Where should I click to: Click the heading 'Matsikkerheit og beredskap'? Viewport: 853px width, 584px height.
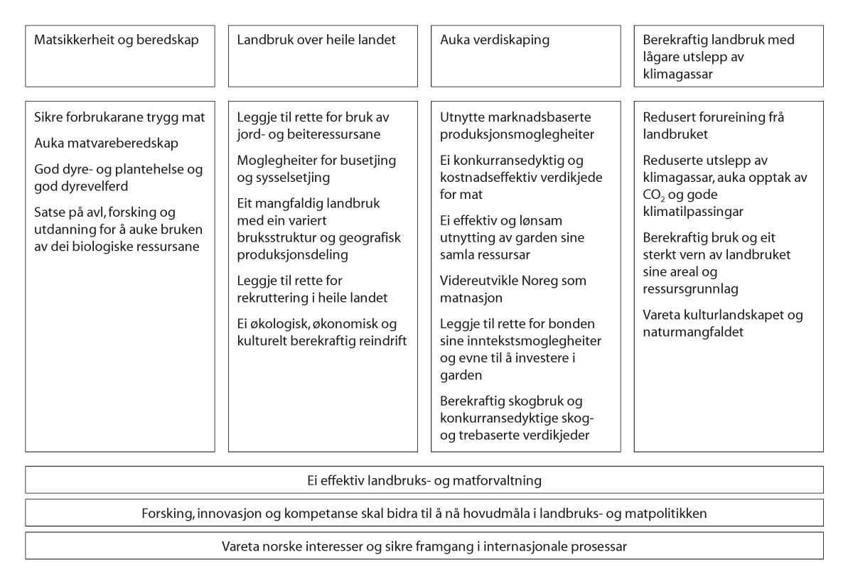116,40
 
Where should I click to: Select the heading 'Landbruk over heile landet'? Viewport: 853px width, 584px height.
316,40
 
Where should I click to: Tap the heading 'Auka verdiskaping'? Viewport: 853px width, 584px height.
495,40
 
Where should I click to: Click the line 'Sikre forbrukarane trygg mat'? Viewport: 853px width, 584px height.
119,117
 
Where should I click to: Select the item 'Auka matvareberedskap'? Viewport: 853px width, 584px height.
106,144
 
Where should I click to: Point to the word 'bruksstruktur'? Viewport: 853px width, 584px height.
273,237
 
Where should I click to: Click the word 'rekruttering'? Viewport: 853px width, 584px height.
272,298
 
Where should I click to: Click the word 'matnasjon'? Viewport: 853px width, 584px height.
471,297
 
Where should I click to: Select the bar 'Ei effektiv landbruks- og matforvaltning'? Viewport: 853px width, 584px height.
425,480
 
